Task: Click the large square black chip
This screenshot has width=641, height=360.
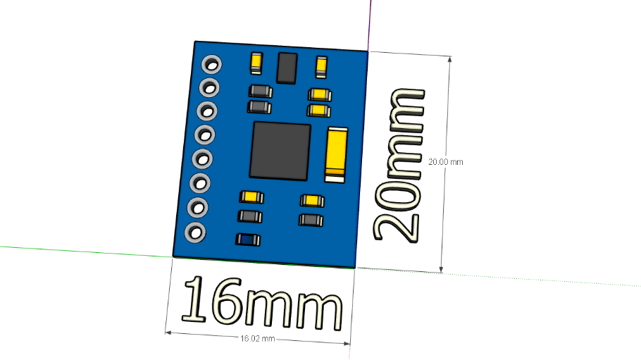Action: [280, 151]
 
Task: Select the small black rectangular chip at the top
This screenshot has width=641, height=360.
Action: [287, 68]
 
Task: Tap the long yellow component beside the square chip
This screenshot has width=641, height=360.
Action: [336, 154]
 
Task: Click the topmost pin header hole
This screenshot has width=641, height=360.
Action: [212, 65]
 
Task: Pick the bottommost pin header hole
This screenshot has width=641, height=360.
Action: [195, 232]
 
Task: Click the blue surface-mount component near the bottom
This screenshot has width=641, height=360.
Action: [248, 240]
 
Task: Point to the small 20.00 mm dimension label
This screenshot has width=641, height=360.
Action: [446, 162]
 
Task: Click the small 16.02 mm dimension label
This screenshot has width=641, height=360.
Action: [258, 339]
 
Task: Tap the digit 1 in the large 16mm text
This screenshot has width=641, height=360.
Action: [194, 298]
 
